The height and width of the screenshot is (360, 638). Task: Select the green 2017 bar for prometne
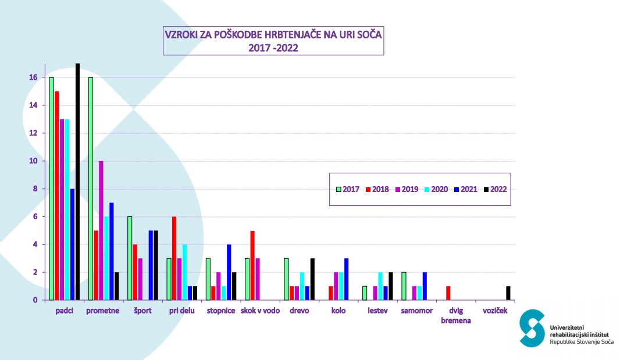91,188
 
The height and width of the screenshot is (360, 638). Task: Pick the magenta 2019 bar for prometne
101,230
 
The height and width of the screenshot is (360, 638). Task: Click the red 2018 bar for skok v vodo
252,265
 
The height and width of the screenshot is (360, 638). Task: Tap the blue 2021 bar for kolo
347,279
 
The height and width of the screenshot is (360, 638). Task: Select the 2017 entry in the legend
347,189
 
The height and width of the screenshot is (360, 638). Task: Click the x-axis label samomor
416,311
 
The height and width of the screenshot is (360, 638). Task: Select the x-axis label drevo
299,311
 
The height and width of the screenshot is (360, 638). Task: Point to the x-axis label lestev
377,311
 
